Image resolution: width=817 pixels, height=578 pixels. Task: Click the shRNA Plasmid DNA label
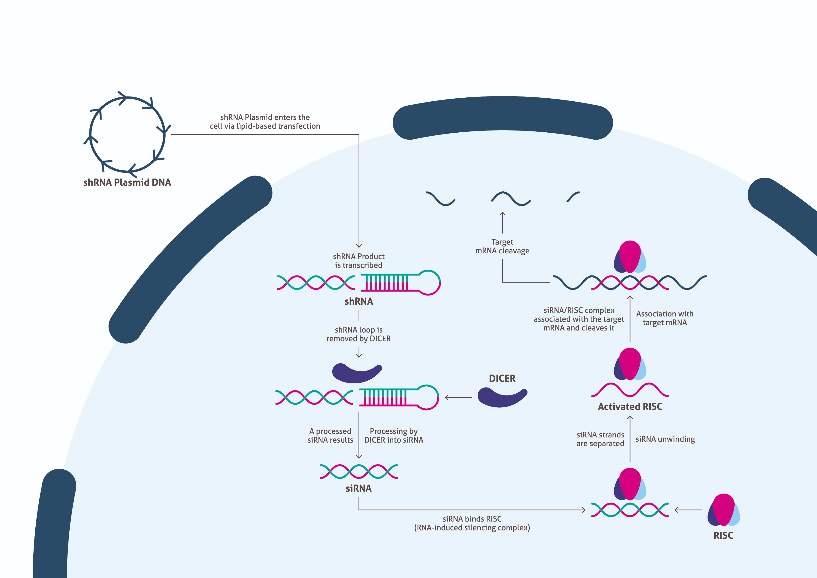127,182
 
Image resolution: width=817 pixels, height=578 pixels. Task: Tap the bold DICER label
502,378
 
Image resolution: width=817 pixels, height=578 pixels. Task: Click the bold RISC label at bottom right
723,536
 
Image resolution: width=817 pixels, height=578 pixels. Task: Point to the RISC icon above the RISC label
723,510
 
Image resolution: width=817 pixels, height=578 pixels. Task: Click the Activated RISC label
630,407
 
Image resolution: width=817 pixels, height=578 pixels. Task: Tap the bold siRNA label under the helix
358,488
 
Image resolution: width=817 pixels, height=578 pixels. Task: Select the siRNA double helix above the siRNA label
359,471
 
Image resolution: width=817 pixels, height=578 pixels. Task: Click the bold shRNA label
359,302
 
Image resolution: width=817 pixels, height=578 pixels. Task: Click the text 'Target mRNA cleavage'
502,246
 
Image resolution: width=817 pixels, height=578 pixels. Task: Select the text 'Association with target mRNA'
665,318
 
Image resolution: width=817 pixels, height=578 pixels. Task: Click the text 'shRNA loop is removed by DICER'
359,334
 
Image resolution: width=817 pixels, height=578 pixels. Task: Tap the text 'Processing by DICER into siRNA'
394,436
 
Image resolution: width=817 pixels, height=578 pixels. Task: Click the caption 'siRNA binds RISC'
472,519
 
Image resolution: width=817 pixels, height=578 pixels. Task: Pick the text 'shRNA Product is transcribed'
359,261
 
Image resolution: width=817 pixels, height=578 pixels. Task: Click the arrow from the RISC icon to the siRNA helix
688,510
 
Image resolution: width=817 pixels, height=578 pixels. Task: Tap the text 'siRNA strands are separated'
600,439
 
